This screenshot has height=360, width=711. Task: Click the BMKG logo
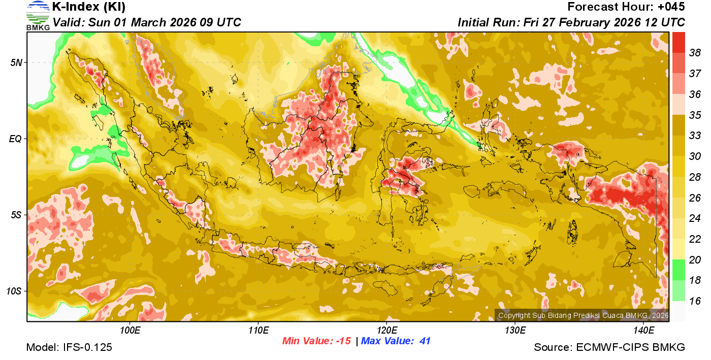tap(38, 16)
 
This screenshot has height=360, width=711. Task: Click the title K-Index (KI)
tap(89, 7)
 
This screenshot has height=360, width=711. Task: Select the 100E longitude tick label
tap(130, 331)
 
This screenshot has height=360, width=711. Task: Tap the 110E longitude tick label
tap(258, 331)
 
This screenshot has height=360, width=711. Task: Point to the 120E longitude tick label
tap(386, 331)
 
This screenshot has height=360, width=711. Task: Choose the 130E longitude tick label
tap(515, 331)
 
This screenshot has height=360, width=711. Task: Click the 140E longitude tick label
tap(643, 331)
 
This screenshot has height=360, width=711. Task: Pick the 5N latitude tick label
tap(17, 62)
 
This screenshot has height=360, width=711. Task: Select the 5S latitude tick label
tap(17, 215)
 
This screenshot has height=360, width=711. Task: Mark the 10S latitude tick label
tap(15, 291)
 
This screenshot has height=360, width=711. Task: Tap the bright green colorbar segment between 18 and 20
tap(678, 269)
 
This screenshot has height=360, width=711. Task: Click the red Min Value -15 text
tap(316, 341)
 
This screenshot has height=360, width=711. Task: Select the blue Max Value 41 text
tap(396, 341)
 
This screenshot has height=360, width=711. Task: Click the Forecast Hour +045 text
tap(626, 7)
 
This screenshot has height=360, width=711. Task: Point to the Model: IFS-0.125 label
tap(69, 347)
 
